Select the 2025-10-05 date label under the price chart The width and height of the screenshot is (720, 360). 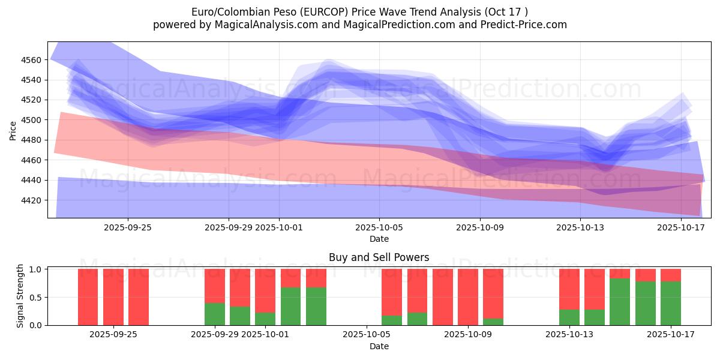coord(379,227)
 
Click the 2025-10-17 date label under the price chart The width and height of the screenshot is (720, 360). coord(680,227)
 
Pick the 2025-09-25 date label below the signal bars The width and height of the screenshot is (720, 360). coord(113,335)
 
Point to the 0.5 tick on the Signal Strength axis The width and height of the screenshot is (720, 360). coord(37,297)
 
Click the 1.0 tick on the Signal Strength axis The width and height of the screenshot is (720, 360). coord(37,269)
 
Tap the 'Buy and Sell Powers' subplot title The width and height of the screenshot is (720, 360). coord(379,257)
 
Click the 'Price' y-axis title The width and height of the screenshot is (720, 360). coord(13,130)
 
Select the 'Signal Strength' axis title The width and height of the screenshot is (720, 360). coord(20,296)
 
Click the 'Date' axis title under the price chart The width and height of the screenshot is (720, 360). coord(379,239)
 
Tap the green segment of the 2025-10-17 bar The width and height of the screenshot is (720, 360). coord(671,304)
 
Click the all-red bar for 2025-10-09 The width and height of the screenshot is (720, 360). coord(468,297)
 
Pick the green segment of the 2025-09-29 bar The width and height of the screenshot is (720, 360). coord(215,314)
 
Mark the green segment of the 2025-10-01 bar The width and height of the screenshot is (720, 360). coord(265,319)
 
